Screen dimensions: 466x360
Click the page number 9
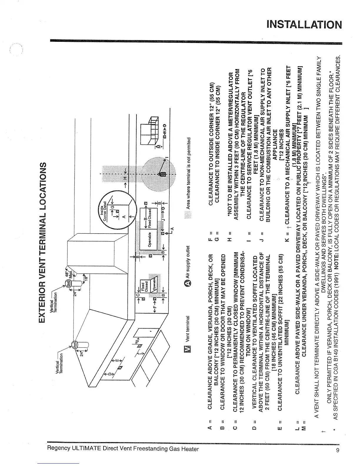tap(337, 450)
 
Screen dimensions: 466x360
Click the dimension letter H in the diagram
tap(125, 179)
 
